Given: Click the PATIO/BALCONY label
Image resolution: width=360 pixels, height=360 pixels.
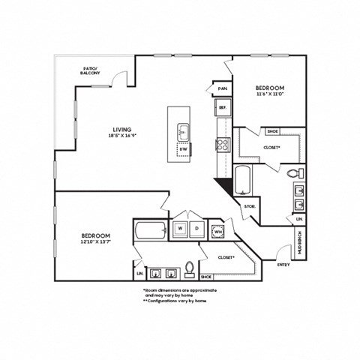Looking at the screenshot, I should (94, 72).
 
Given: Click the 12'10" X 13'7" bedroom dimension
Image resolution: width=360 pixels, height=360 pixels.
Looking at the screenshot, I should (97, 240).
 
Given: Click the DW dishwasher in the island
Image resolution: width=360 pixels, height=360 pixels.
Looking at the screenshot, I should (183, 148).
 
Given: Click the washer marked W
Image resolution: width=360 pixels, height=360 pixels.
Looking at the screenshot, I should (181, 227).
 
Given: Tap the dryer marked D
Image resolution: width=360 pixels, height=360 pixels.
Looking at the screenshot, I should (197, 227).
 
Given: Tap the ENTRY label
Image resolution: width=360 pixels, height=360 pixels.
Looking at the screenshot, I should (283, 264).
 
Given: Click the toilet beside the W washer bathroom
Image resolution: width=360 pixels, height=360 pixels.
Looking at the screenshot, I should (190, 268).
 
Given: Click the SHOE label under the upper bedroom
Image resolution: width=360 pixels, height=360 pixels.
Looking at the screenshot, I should (272, 131).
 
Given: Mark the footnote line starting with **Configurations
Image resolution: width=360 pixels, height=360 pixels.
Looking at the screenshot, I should (174, 300).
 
